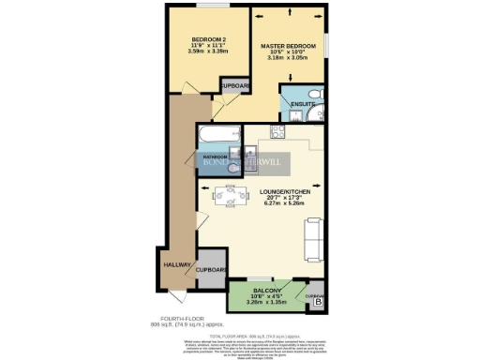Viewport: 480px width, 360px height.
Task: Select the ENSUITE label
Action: [x=301, y=103]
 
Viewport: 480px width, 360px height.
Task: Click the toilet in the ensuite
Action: [x=316, y=102]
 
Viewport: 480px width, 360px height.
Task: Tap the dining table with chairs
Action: [x=224, y=197]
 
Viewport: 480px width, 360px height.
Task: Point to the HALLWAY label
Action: [x=179, y=265]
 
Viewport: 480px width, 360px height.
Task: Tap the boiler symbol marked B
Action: [x=318, y=303]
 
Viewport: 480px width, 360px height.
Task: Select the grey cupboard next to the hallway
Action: [x=211, y=269]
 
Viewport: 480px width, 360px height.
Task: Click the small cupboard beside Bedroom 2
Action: [x=233, y=86]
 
